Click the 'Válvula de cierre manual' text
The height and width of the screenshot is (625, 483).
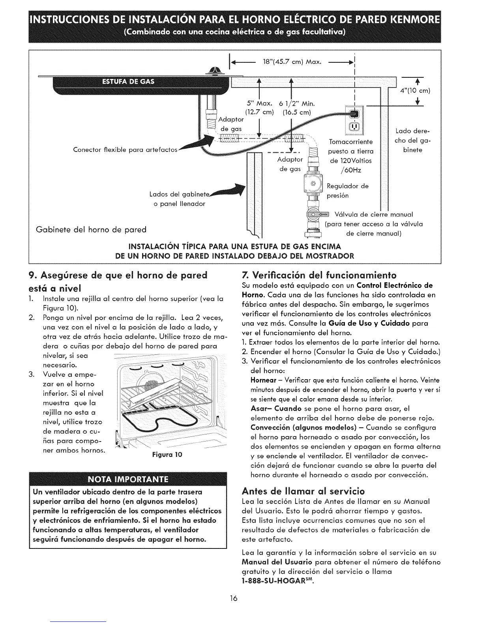pyautogui.click(x=373, y=215)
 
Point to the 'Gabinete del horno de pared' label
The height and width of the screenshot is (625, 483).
pyautogui.click(x=91, y=229)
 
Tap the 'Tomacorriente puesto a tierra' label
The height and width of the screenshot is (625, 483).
pyautogui.click(x=351, y=146)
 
